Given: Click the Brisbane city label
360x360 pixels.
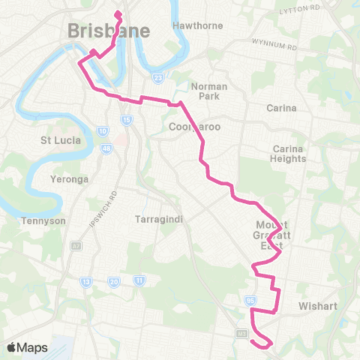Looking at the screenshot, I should [x=109, y=31].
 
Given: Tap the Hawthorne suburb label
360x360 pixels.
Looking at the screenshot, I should [x=198, y=25].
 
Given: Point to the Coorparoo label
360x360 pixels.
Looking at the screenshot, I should [x=194, y=127].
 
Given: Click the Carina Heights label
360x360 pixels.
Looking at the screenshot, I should [x=289, y=154].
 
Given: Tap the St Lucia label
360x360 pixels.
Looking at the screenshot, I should [x=55, y=140].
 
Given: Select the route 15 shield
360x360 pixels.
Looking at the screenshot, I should [x=127, y=119].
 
